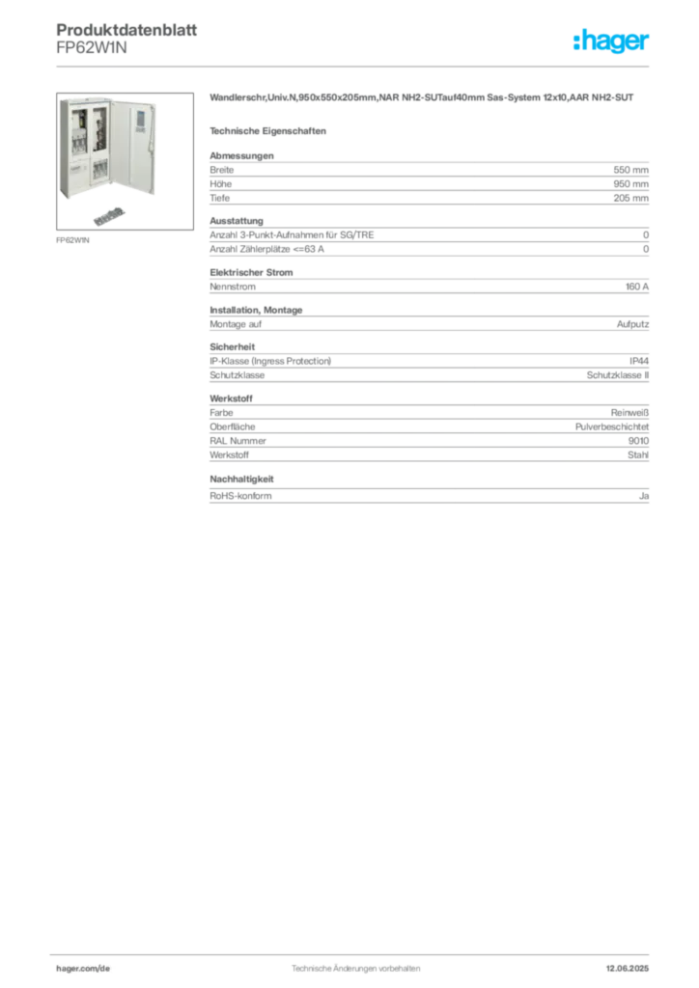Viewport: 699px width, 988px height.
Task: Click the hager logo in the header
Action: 611,41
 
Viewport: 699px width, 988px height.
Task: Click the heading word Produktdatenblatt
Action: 126,30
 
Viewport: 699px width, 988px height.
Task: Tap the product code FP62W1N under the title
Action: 92,48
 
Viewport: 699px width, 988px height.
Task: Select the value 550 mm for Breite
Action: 630,170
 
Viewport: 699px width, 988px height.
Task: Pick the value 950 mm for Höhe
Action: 630,184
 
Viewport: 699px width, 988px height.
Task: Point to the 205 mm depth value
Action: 630,198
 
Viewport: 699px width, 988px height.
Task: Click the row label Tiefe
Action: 220,198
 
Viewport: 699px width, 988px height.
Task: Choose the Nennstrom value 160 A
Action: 637,287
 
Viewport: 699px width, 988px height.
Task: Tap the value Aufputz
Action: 632,324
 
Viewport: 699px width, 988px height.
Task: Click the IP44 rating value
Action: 639,361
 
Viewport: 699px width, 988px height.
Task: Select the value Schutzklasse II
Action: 618,375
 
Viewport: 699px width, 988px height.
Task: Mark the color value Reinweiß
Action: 629,413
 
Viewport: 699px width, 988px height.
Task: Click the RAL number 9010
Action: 638,441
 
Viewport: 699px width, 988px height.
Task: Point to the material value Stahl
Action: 638,455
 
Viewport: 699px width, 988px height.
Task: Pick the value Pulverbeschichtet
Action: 612,426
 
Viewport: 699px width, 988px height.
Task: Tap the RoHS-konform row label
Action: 240,496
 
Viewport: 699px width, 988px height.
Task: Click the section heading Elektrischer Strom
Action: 251,273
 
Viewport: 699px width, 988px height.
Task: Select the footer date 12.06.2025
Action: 628,969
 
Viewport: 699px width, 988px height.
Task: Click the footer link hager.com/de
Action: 83,969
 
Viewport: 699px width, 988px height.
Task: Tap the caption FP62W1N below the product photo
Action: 72,240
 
